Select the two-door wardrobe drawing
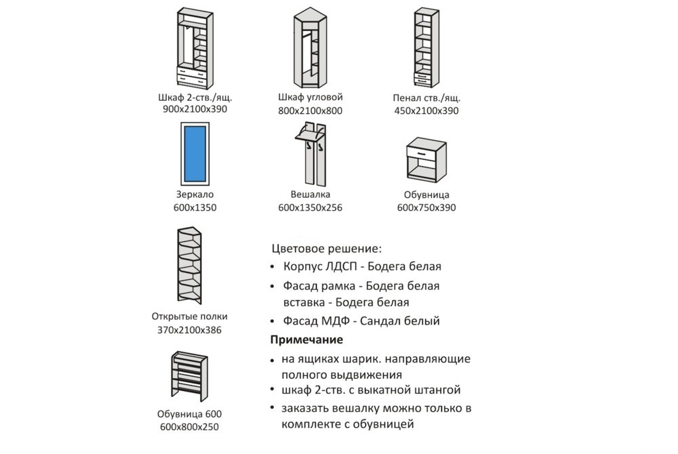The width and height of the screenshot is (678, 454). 195,49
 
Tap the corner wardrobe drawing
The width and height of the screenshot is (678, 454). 310,49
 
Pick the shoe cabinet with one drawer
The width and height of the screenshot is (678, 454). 426,161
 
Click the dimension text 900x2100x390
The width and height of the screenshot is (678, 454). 195,108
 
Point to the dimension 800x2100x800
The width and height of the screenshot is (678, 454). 310,110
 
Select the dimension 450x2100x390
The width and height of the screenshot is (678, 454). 426,110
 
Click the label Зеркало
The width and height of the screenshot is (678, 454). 195,194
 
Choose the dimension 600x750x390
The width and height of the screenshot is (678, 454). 426,207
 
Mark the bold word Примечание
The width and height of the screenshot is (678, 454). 306,339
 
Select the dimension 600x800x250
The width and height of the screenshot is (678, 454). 189,427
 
